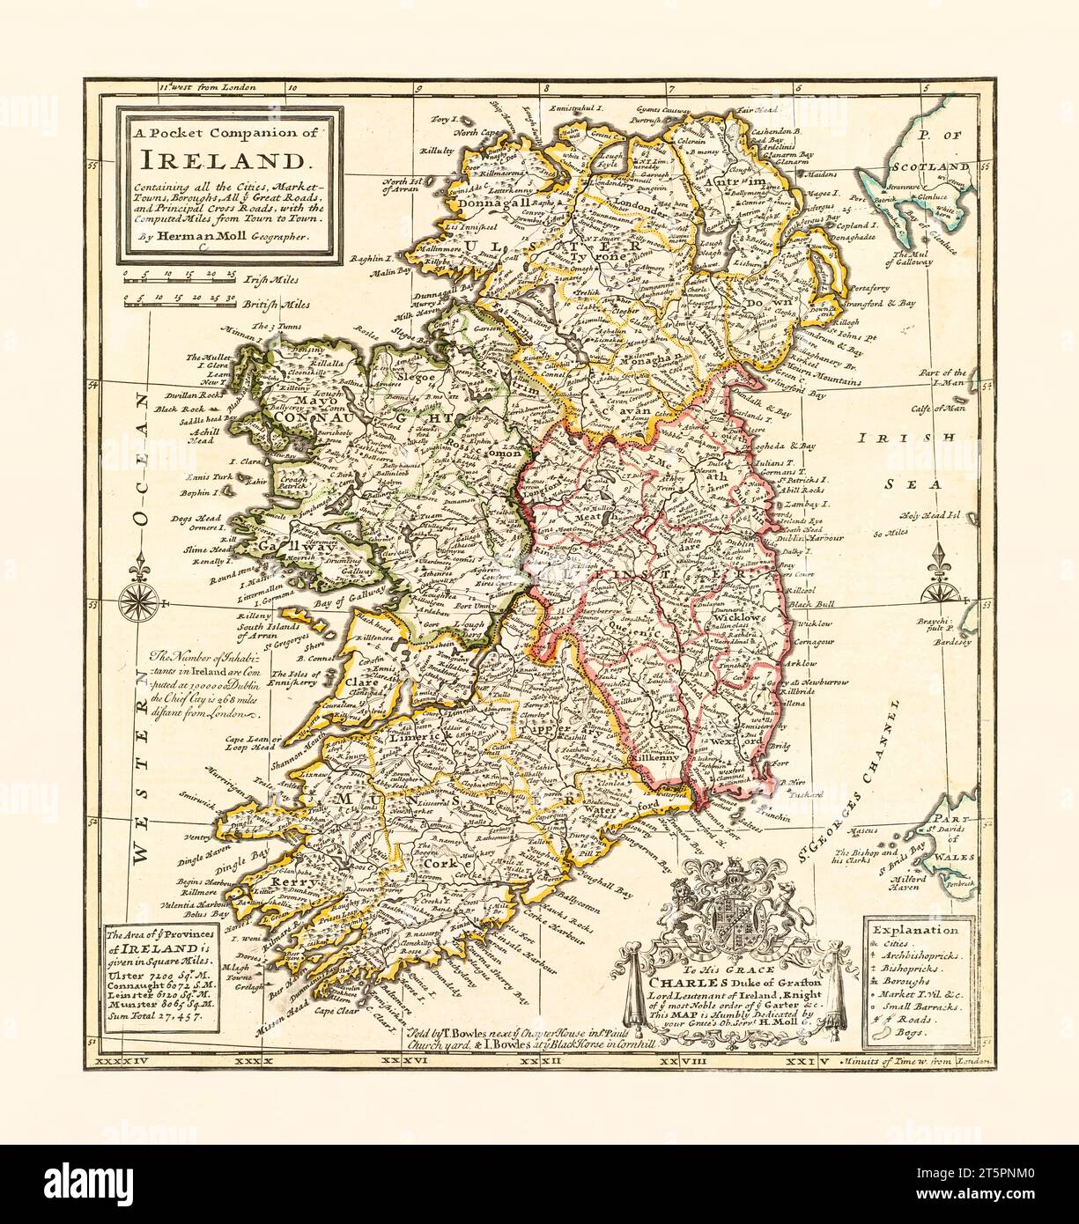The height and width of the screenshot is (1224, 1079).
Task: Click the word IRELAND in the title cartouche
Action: click(225, 159)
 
